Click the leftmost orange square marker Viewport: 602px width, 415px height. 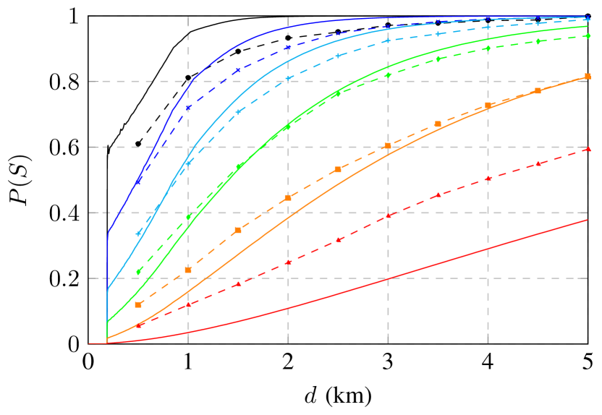pos(138,305)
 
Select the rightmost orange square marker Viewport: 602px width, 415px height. pos(588,76)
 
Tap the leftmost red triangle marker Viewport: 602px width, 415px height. pos(138,325)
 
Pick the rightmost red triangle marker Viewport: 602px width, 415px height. pos(588,149)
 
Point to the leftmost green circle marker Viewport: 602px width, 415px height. pos(138,272)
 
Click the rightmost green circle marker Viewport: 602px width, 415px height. pos(588,35)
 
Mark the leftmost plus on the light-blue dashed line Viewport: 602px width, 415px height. pos(138,234)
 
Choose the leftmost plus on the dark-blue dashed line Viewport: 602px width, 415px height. pos(138,181)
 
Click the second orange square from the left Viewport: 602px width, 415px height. pos(188,270)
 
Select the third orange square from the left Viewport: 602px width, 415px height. pos(238,231)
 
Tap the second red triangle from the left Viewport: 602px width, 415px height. pos(188,305)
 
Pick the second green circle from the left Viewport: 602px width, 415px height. pos(188,216)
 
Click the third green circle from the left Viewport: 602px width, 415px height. pos(238,166)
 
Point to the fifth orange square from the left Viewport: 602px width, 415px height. pos(338,170)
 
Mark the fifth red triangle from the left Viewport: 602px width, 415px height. pos(338,239)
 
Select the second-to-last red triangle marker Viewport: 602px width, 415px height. pos(538,164)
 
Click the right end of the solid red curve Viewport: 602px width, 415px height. pos(588,220)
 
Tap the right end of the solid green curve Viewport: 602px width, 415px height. pos(588,26)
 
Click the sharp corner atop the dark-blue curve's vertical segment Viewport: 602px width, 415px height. pos(108,231)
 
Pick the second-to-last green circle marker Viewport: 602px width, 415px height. pos(538,41)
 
